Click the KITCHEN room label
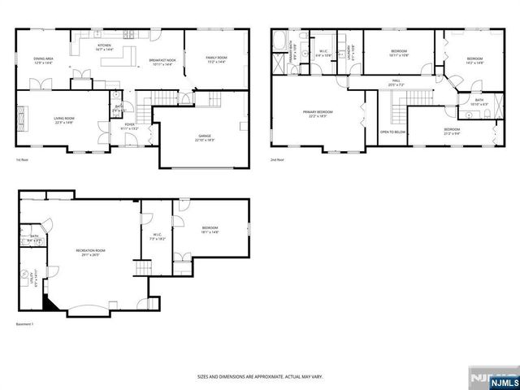pyautogui.click(x=104, y=45)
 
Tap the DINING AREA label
pyautogui.click(x=43, y=58)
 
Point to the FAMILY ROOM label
pyautogui.click(x=215, y=58)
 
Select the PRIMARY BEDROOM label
pyautogui.click(x=318, y=113)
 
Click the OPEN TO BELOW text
pyautogui.click(x=392, y=132)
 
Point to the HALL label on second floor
pyautogui.click(x=396, y=80)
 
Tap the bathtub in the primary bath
pyautogui.click(x=279, y=40)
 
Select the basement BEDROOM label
pyautogui.click(x=210, y=231)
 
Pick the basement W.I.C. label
pyautogui.click(x=158, y=237)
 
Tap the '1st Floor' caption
pyautogui.click(x=23, y=160)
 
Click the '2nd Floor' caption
pyautogui.click(x=278, y=160)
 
